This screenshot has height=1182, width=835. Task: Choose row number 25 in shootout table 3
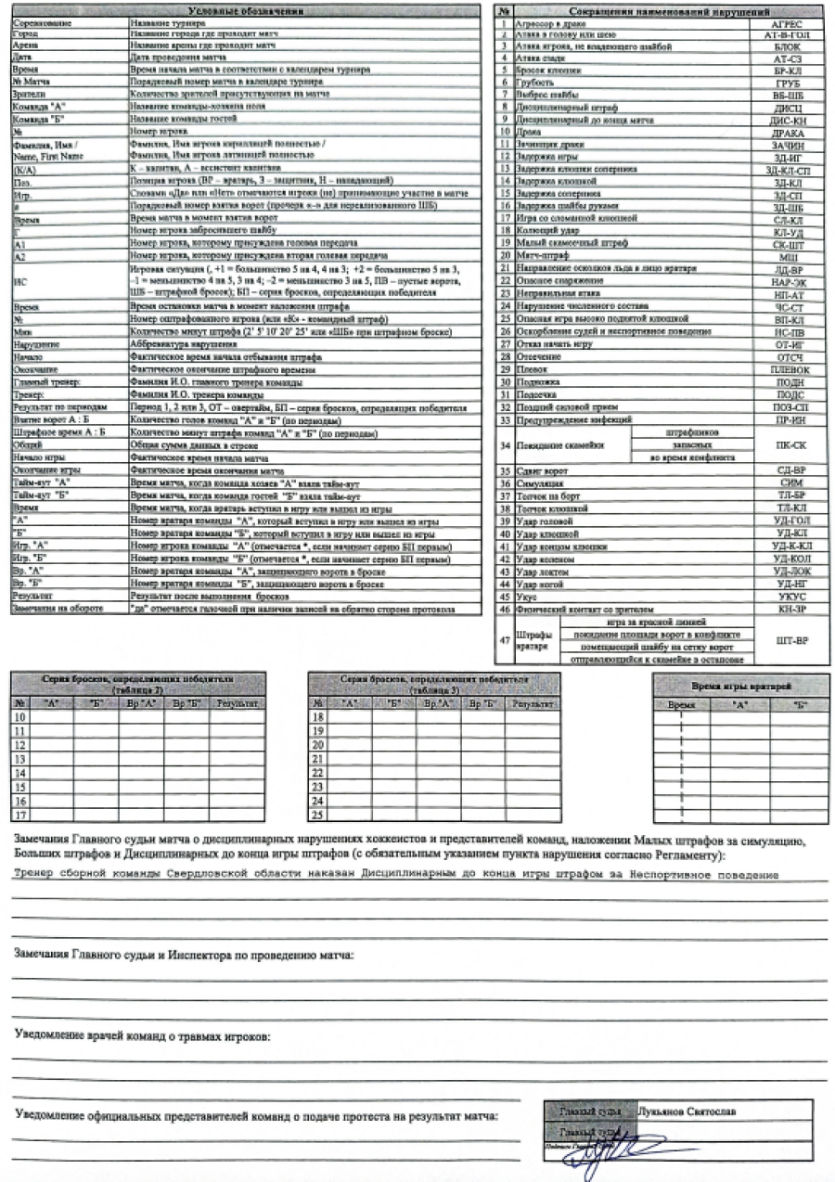click(319, 816)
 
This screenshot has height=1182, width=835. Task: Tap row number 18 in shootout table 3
click(319, 717)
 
